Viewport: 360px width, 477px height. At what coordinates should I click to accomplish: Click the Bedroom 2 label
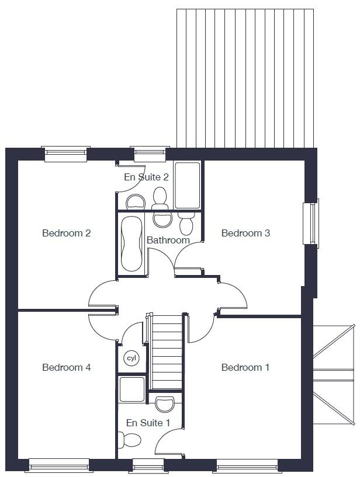(66, 234)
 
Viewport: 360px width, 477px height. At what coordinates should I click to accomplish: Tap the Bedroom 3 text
(245, 234)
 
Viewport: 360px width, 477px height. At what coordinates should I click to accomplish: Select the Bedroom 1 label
(245, 367)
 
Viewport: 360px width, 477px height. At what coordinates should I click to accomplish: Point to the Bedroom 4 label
(66, 367)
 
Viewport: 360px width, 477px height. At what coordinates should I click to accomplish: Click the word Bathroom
(168, 240)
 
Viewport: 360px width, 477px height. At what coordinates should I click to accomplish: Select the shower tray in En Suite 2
(188, 186)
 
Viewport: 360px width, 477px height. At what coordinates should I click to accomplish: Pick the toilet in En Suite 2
(160, 199)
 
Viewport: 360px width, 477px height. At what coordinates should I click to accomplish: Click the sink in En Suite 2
(136, 203)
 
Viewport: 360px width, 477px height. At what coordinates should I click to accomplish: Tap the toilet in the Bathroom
(186, 223)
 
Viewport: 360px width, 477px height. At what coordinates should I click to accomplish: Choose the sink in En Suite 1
(165, 403)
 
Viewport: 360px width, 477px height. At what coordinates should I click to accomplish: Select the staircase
(167, 351)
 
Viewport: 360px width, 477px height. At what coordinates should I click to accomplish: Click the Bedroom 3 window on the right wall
(311, 222)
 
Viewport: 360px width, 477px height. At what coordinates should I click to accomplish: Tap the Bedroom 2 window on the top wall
(66, 154)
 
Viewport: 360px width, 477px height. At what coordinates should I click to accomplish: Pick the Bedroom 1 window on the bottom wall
(246, 465)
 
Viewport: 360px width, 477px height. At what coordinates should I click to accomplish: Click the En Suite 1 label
(148, 422)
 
